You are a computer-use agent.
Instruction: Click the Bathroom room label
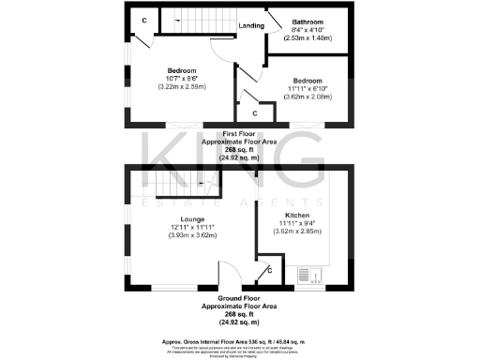(307, 21)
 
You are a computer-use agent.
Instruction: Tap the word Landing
(250, 25)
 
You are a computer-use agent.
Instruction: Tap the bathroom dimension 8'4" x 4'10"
(307, 30)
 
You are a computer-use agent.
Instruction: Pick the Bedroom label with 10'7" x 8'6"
(181, 70)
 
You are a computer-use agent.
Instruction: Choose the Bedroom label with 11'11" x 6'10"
(308, 80)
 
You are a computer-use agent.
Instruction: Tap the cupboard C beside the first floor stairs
(144, 20)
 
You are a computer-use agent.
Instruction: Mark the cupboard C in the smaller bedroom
(254, 113)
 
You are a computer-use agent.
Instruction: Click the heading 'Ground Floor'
(240, 299)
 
